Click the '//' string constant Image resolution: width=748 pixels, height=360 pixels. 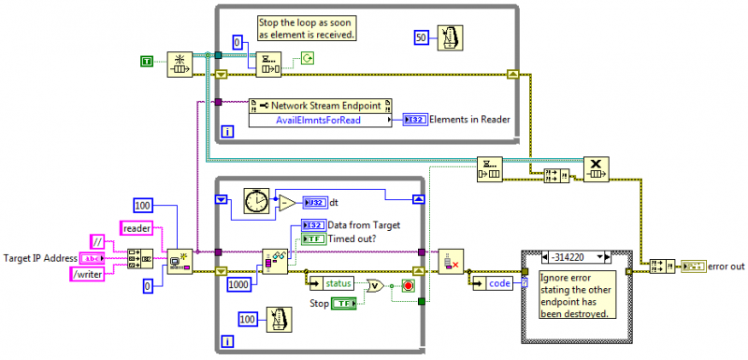pyautogui.click(x=97, y=241)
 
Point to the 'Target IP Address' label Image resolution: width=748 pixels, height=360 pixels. pyautogui.click(x=40, y=257)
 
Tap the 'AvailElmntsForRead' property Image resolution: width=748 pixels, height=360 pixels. pyautogui.click(x=317, y=120)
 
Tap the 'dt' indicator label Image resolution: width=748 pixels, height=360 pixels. pyautogui.click(x=334, y=201)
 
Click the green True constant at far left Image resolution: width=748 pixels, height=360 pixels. pyautogui.click(x=146, y=62)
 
